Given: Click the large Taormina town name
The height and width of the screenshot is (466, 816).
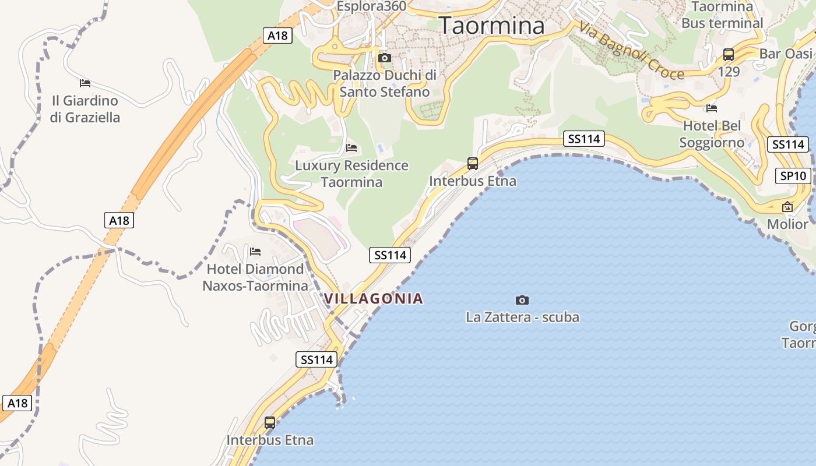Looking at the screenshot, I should click(x=491, y=26).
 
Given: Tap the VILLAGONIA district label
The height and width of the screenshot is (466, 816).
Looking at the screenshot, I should click(x=374, y=299).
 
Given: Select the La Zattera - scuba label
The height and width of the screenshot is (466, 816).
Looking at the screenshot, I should click(x=522, y=317).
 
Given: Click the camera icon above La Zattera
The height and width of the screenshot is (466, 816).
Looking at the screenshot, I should click(x=522, y=300).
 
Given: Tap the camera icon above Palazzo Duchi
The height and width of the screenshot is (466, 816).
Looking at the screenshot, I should click(x=385, y=58).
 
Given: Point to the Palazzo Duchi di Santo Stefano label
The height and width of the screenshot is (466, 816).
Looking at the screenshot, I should click(x=385, y=83).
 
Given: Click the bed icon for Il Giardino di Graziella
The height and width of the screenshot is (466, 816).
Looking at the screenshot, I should click(x=85, y=83).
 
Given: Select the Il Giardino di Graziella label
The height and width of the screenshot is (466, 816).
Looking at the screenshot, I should click(x=85, y=109).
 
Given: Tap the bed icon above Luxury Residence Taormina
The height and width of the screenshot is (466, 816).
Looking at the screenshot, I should click(x=351, y=148).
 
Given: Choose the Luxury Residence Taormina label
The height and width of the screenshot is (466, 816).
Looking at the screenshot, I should click(x=351, y=174).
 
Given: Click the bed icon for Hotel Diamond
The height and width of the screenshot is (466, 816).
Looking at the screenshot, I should click(x=255, y=252).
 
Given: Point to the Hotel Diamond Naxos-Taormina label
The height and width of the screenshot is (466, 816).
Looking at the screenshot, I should click(x=255, y=277).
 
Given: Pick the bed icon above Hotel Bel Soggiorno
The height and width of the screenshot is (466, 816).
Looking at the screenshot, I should click(x=712, y=108).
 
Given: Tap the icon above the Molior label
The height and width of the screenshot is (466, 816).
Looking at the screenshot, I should click(x=787, y=207).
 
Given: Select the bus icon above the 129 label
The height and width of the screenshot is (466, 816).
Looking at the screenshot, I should click(x=729, y=55).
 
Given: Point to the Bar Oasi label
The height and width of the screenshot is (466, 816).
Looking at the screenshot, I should click(x=786, y=54).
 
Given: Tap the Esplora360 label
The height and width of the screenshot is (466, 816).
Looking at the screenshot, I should click(x=372, y=6).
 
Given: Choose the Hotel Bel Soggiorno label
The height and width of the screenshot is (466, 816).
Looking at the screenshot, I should click(x=712, y=134).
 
